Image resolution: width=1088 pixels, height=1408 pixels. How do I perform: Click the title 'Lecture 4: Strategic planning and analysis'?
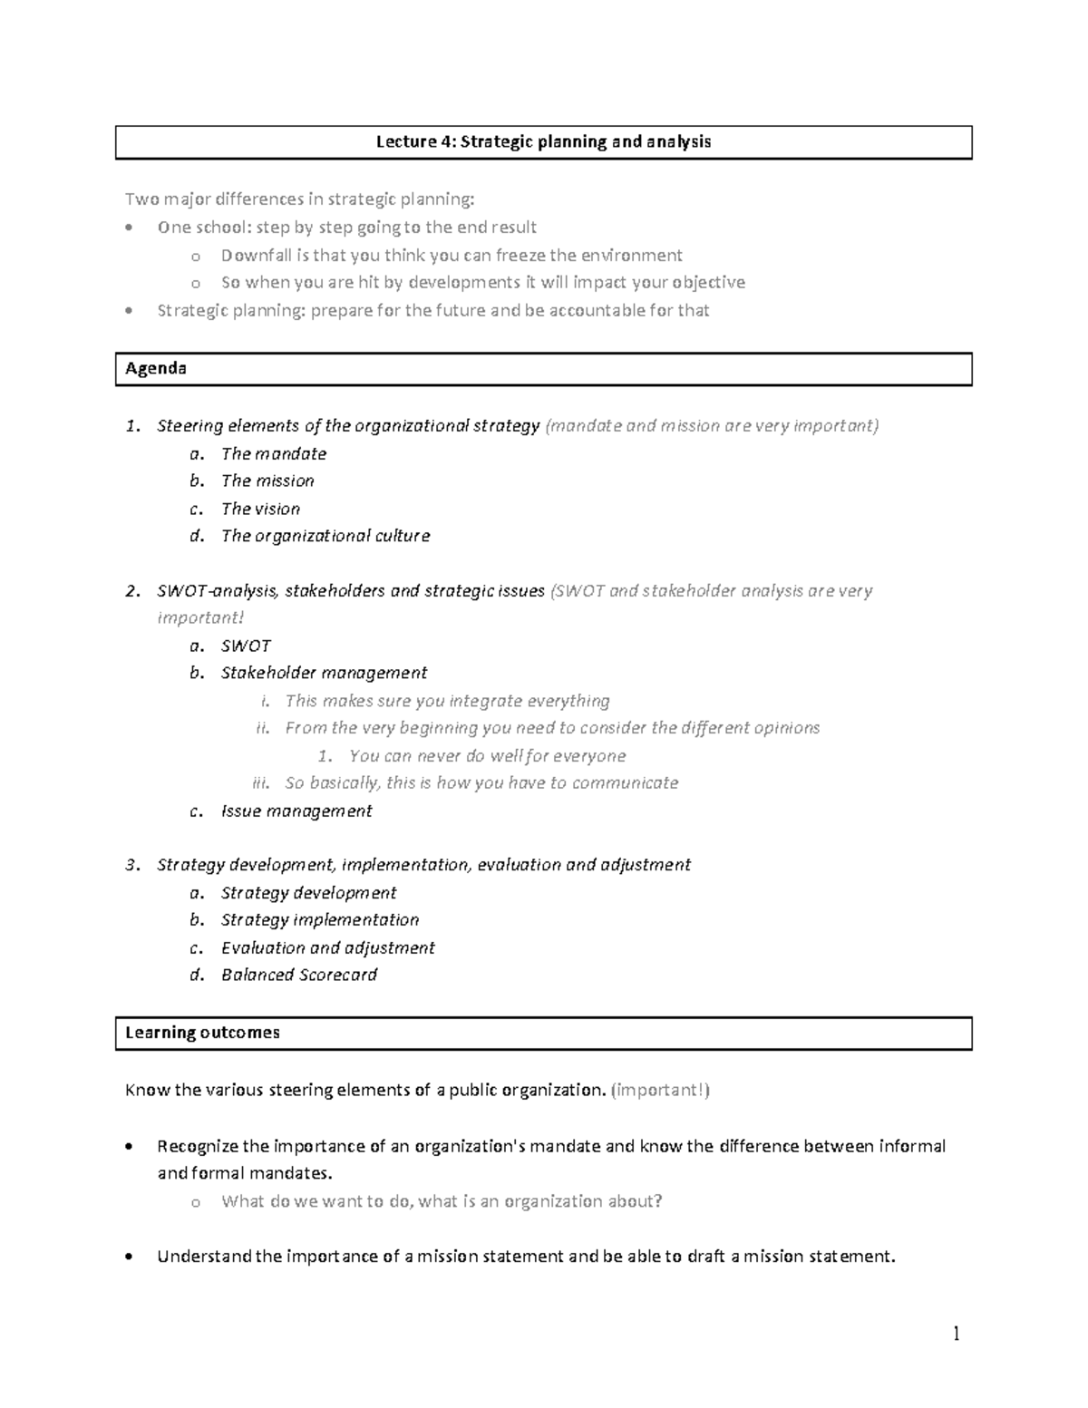(x=543, y=142)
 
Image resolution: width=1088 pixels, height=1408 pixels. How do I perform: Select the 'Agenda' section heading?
(x=156, y=369)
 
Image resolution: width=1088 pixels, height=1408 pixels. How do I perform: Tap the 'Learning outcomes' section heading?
(x=202, y=1033)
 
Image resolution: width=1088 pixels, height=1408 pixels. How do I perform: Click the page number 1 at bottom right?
(x=956, y=1333)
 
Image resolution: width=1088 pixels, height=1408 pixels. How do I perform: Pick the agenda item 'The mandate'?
(x=273, y=454)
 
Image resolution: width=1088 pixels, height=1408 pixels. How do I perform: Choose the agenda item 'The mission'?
(x=267, y=481)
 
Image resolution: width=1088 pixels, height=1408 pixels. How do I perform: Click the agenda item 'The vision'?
(x=260, y=510)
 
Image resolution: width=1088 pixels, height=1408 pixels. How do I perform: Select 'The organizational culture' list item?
(x=325, y=537)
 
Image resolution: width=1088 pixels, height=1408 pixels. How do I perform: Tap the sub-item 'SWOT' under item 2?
(x=246, y=646)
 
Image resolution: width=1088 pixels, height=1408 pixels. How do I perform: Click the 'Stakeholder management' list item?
(x=324, y=674)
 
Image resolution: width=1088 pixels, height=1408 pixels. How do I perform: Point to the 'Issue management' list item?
(x=296, y=811)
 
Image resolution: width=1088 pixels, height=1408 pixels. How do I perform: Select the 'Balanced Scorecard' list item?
(x=299, y=976)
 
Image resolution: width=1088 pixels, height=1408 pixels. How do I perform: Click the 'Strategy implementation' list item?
(x=320, y=920)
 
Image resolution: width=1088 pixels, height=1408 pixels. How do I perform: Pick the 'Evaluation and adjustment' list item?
(x=327, y=948)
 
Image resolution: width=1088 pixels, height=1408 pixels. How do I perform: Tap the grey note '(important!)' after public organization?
(x=661, y=1091)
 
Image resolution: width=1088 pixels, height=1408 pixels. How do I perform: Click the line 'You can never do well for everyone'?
(x=487, y=756)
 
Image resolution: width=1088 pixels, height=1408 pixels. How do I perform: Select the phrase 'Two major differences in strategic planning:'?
(x=299, y=199)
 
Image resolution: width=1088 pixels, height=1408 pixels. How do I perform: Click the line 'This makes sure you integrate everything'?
(x=447, y=701)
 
